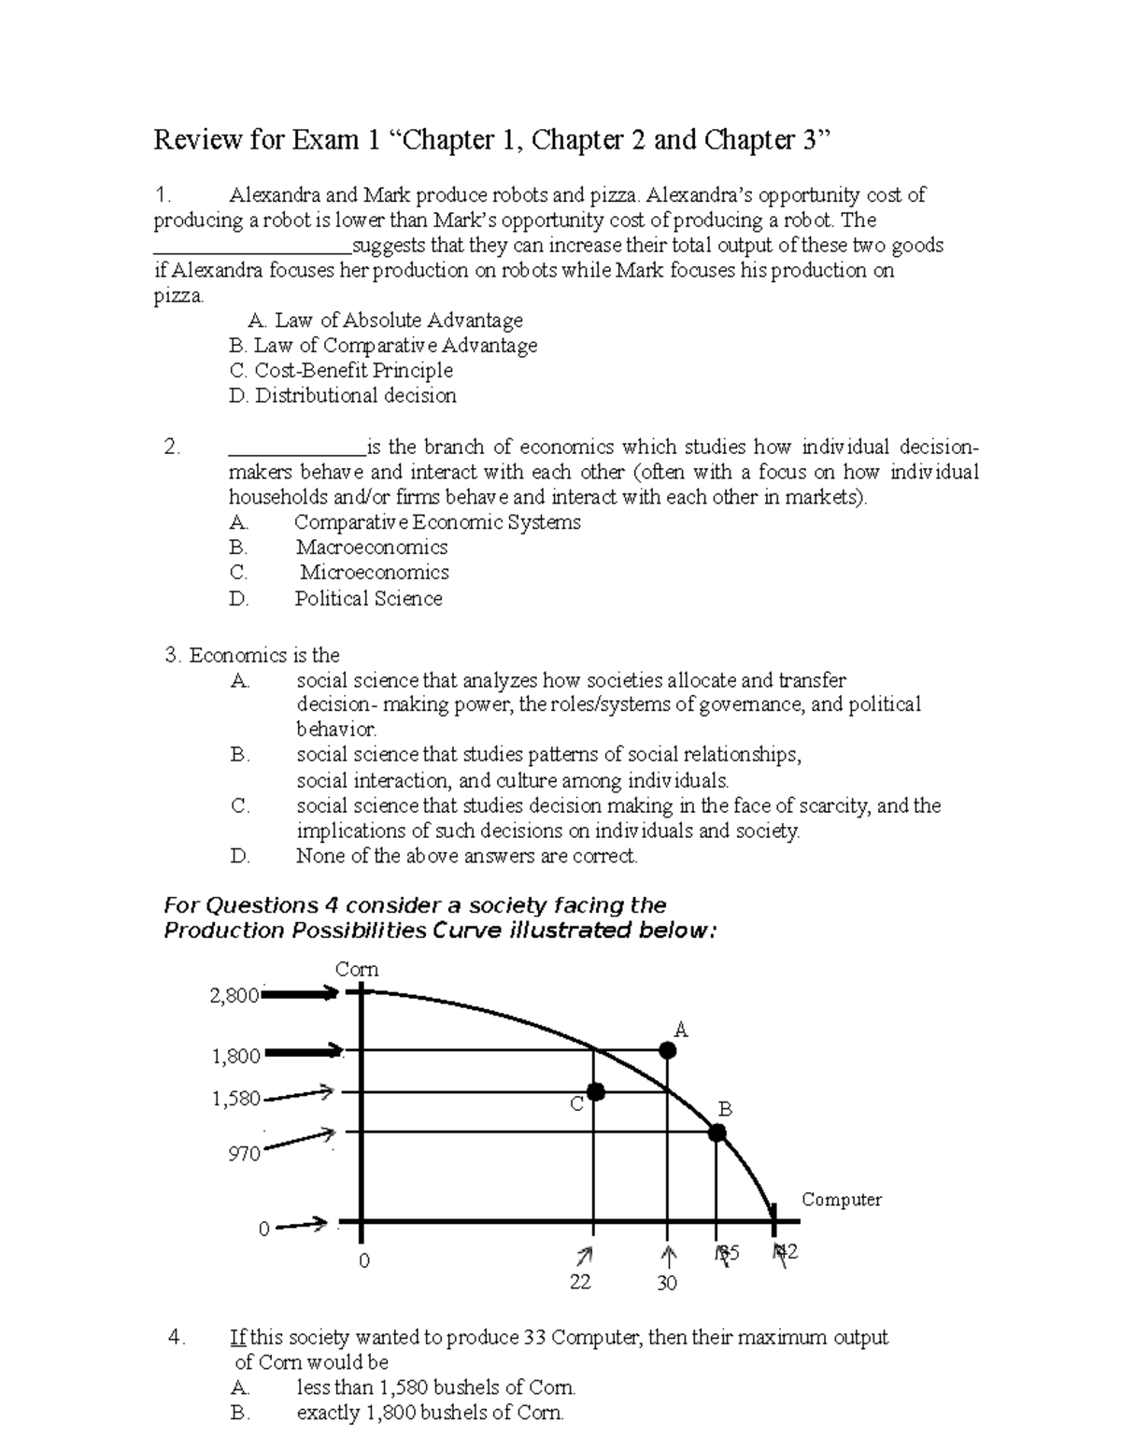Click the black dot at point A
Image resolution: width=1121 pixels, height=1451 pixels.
click(667, 1050)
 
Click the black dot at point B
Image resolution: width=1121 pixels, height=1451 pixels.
click(717, 1132)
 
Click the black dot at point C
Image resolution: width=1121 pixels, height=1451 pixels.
click(595, 1091)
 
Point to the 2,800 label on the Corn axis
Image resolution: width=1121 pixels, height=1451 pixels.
click(234, 996)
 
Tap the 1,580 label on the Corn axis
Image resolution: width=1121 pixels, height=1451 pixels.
click(236, 1099)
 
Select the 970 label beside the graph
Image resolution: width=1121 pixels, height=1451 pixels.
click(244, 1155)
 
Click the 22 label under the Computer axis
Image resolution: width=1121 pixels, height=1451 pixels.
click(580, 1282)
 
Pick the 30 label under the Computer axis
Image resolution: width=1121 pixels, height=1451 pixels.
click(666, 1284)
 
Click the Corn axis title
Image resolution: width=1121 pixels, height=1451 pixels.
click(357, 969)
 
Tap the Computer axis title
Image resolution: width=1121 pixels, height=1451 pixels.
click(841, 1200)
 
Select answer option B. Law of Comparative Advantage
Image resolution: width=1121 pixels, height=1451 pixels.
click(383, 346)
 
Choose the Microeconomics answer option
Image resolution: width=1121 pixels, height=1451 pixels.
click(374, 573)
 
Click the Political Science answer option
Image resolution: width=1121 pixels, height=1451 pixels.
click(369, 599)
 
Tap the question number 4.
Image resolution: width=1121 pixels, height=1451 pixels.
click(176, 1338)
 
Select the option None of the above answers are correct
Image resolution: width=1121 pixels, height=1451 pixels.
click(466, 857)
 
